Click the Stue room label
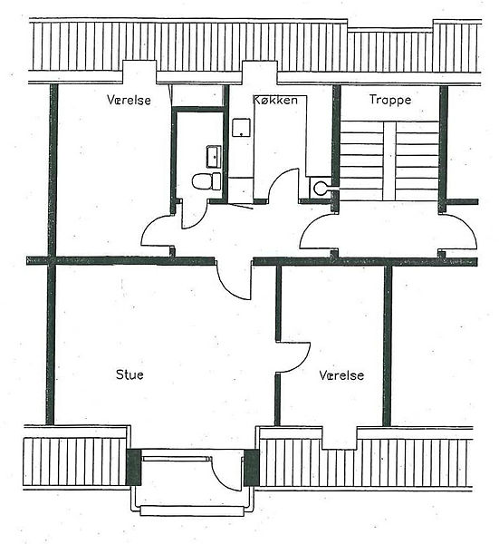[x=130, y=374]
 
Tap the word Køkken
[x=275, y=100]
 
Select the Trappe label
[x=390, y=100]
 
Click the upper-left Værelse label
[x=129, y=100]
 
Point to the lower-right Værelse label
[x=341, y=375]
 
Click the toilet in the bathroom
[x=206, y=181]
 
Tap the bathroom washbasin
[x=214, y=157]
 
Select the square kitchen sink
[x=241, y=128]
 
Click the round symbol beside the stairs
[x=320, y=189]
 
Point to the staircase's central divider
[x=389, y=161]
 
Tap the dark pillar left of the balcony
[x=133, y=467]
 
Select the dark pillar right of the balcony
[x=252, y=467]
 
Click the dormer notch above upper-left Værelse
[x=139, y=72]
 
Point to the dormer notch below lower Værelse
[x=340, y=438]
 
